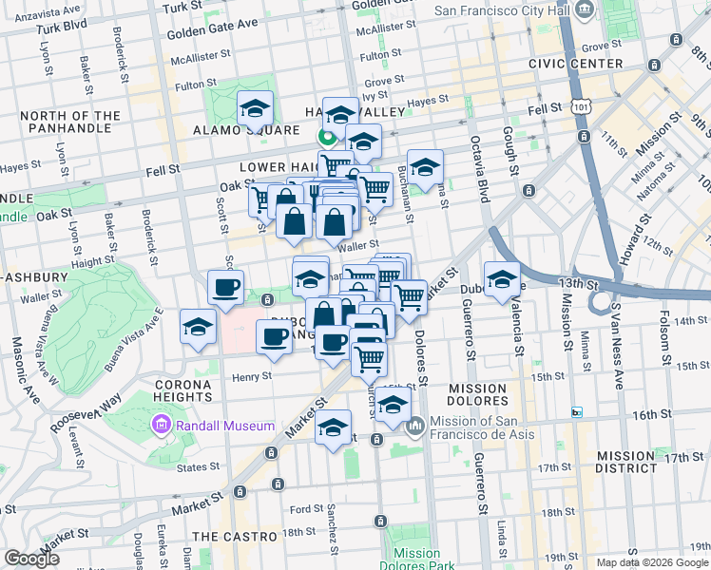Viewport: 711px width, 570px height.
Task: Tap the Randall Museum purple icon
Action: (x=160, y=427)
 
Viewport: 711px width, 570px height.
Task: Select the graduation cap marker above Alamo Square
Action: (x=255, y=109)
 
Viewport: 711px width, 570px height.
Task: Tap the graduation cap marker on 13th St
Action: (x=502, y=279)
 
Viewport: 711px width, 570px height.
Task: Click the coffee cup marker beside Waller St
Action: (x=225, y=288)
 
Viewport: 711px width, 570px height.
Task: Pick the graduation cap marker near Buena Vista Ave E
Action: (x=197, y=328)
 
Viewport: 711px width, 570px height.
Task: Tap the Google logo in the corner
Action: (x=32, y=558)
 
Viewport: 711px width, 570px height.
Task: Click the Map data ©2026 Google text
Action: (x=652, y=562)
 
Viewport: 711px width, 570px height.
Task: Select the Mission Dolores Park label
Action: (x=416, y=559)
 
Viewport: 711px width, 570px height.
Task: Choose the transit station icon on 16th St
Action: (x=576, y=412)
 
